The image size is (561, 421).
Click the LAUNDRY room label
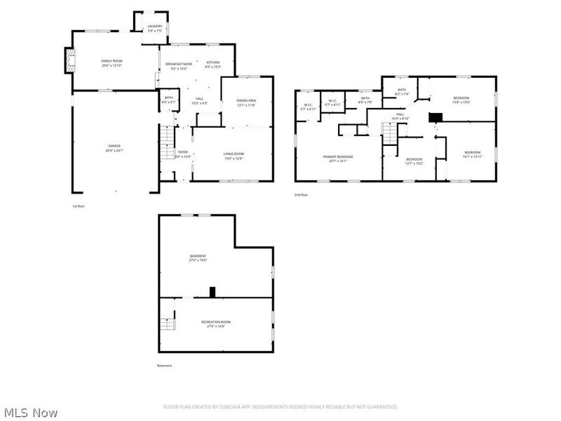[x=154, y=26]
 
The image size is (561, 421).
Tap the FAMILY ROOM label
[x=112, y=62]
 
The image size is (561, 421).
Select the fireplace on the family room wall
[x=69, y=60]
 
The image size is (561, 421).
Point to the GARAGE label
[x=113, y=146]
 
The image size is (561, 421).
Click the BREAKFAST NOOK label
[x=179, y=64]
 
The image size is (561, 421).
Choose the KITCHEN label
[x=212, y=62]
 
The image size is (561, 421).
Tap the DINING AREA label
[x=246, y=100]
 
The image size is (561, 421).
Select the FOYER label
[x=182, y=152]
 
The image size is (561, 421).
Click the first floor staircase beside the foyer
[x=166, y=144]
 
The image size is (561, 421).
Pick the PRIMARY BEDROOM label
[x=337, y=156]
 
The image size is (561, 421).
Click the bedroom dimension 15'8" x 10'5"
[x=461, y=102]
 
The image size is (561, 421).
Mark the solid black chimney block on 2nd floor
[x=435, y=118]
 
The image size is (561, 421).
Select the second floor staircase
[x=389, y=131]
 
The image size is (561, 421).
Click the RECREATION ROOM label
[x=215, y=321]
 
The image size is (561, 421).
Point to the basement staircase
[x=166, y=324]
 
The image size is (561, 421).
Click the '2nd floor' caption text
[x=302, y=195]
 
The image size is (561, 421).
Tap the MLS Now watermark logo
[x=29, y=413]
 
